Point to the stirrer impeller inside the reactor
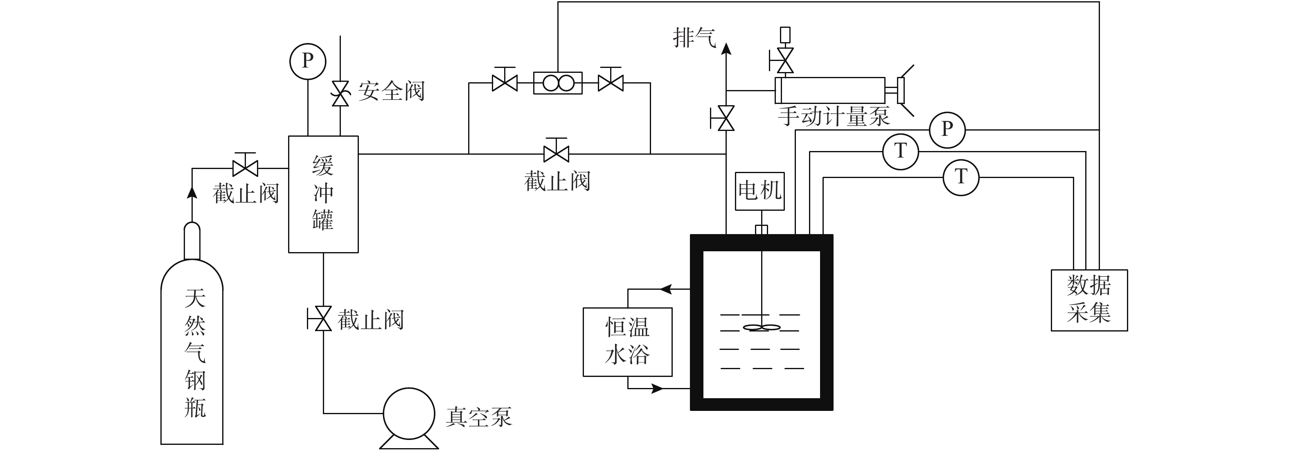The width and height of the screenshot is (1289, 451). click(762, 328)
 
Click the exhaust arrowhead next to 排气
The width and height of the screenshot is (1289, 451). click(726, 49)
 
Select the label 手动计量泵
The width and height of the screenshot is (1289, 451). click(834, 116)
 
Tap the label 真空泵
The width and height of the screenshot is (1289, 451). click(479, 417)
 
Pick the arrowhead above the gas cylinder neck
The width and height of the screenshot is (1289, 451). click(192, 192)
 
